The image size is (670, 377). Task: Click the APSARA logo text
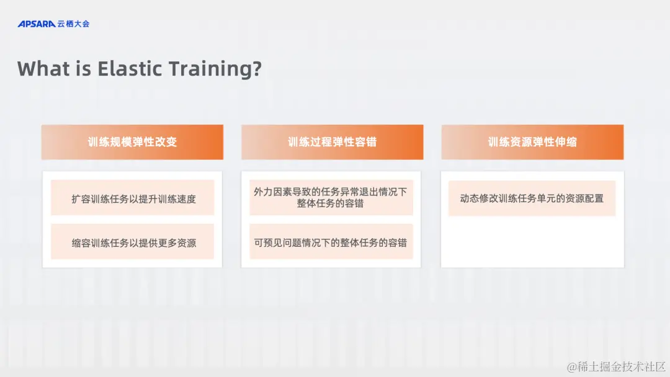tap(37, 24)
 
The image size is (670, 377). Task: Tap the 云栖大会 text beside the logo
tap(74, 24)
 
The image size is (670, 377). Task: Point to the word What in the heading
tap(42, 68)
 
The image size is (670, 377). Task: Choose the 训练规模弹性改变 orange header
tap(132, 142)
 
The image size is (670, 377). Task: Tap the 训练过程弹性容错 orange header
tap(332, 142)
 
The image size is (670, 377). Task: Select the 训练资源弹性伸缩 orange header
tap(532, 142)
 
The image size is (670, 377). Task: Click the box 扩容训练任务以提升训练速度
tap(133, 199)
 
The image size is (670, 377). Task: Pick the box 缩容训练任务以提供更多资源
tap(133, 242)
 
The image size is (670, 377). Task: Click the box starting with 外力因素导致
tap(331, 197)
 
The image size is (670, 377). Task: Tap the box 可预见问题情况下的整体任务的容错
tap(331, 242)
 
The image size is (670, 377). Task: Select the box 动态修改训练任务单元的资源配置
tap(532, 198)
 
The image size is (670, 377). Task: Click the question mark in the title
tap(256, 68)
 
